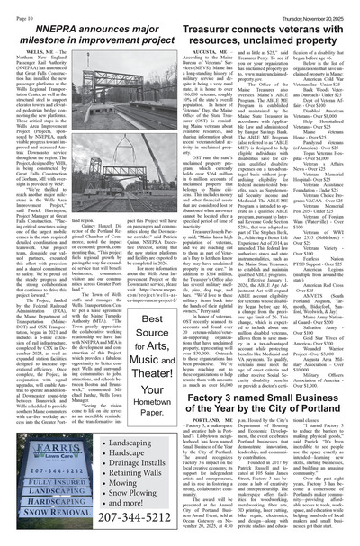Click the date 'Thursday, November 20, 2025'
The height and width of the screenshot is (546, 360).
point(312,10)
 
